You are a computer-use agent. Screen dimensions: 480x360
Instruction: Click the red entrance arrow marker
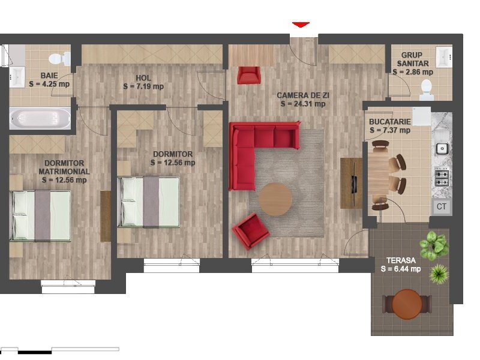[301, 25]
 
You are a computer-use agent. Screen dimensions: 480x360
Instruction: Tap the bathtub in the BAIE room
[40, 118]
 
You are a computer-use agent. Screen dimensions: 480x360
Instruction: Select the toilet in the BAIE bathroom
[59, 58]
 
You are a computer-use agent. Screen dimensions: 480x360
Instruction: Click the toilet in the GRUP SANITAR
[426, 90]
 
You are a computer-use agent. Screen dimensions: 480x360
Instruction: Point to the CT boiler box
[441, 206]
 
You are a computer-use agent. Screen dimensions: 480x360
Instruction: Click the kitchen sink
[442, 148]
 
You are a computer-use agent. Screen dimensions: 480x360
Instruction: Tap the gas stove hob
[442, 178]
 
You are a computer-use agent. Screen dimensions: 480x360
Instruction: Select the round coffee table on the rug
[275, 199]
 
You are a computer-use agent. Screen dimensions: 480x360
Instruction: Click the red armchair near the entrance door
[249, 75]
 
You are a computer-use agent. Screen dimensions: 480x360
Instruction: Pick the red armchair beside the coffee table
[250, 231]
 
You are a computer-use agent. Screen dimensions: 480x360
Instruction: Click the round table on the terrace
[407, 305]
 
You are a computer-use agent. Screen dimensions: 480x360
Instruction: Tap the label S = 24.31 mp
[303, 104]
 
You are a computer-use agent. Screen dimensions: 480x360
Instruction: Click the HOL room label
[143, 78]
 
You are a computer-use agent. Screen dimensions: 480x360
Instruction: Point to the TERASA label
[401, 260]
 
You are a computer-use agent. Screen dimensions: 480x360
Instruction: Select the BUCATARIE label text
[389, 122]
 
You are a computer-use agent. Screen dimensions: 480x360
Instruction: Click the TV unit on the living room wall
[352, 183]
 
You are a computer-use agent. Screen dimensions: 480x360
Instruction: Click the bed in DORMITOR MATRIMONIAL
[40, 215]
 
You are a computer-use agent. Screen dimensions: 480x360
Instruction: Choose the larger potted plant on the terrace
[433, 245]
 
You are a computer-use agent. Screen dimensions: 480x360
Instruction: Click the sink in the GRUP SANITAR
[444, 57]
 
